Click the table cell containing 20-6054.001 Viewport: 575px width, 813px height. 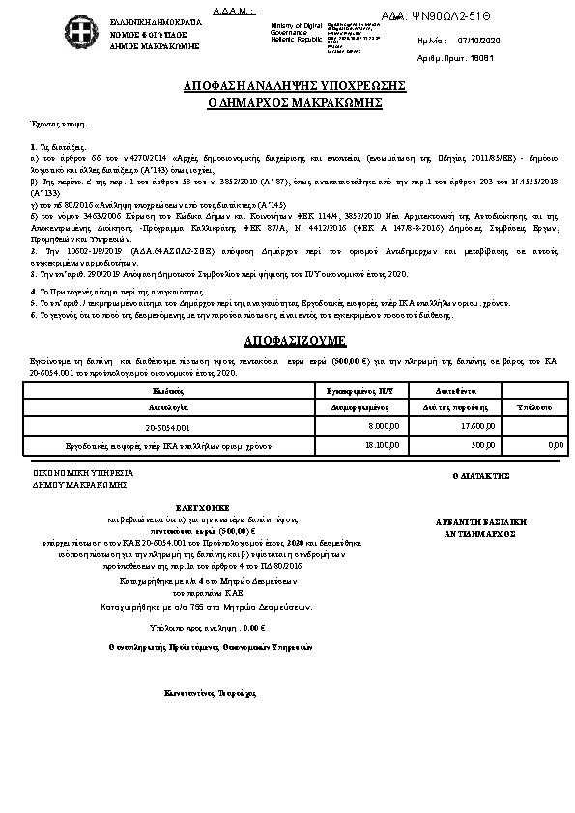[x=169, y=426]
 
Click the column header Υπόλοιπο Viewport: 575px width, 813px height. [x=533, y=408]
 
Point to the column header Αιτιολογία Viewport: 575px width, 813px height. [x=169, y=408]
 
